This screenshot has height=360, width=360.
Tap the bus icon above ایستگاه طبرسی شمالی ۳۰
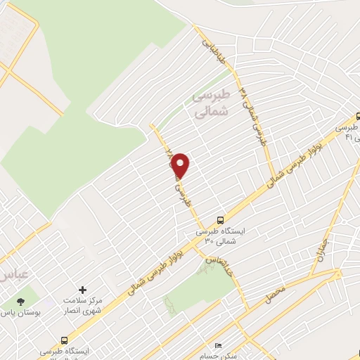point(221,219)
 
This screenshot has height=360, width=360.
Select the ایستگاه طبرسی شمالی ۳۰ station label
point(219,235)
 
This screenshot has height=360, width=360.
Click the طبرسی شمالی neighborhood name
point(210,104)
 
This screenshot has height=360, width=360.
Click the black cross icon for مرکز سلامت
point(83,290)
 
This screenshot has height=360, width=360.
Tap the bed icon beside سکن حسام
point(218,346)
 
